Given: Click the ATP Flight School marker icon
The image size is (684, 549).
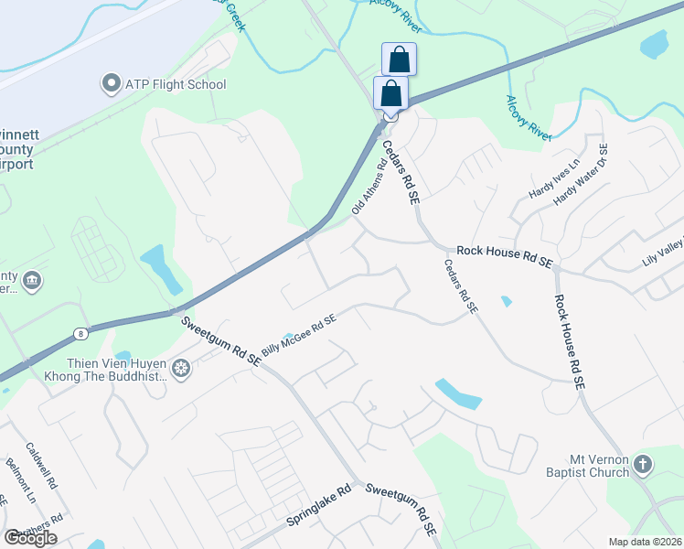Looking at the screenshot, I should (112, 84).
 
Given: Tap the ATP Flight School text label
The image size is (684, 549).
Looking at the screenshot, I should (176, 85).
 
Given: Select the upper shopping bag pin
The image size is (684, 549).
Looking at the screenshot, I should (399, 59).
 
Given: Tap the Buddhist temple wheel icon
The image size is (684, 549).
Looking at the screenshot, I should (181, 369).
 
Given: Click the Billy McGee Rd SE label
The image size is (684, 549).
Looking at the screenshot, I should (299, 335).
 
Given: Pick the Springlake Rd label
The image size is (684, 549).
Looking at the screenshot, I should (317, 504).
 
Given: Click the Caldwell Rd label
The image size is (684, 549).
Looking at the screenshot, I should (42, 465).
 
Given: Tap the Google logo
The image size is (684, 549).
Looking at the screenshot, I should (30, 537).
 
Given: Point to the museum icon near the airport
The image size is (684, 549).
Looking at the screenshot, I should (32, 280).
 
